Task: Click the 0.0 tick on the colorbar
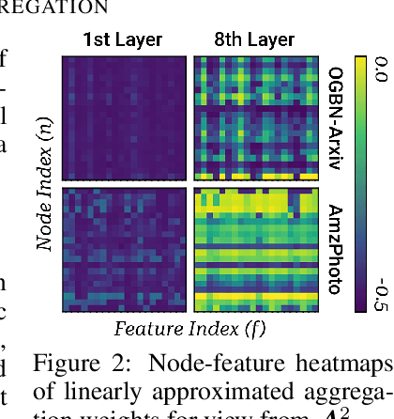[381, 69]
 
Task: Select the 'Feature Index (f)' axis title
[191, 329]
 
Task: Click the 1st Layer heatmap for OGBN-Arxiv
[124, 116]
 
